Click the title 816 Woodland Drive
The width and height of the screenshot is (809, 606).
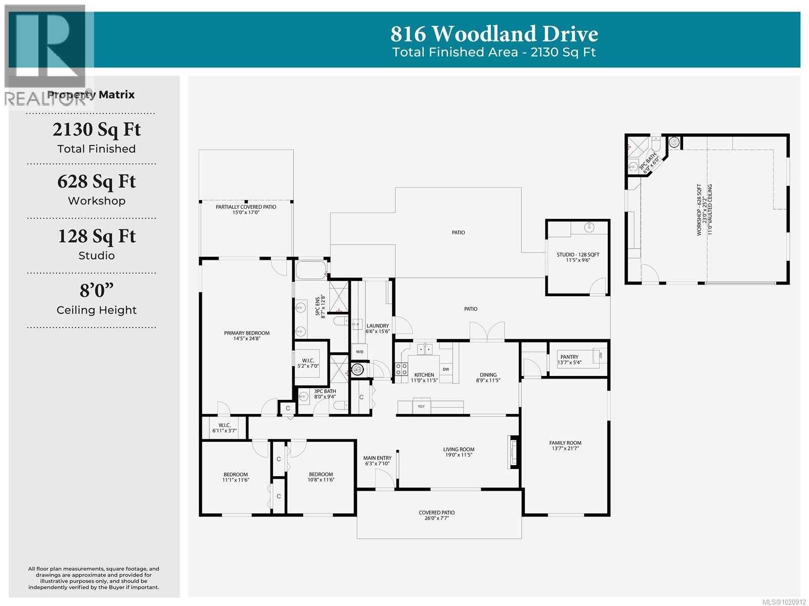(494, 34)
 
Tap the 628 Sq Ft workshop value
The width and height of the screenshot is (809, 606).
(97, 181)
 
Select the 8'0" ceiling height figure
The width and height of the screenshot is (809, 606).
(97, 291)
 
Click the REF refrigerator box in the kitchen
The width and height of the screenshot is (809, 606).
(421, 406)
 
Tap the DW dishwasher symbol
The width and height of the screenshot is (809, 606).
(446, 369)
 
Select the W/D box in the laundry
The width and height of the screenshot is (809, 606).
(359, 352)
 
